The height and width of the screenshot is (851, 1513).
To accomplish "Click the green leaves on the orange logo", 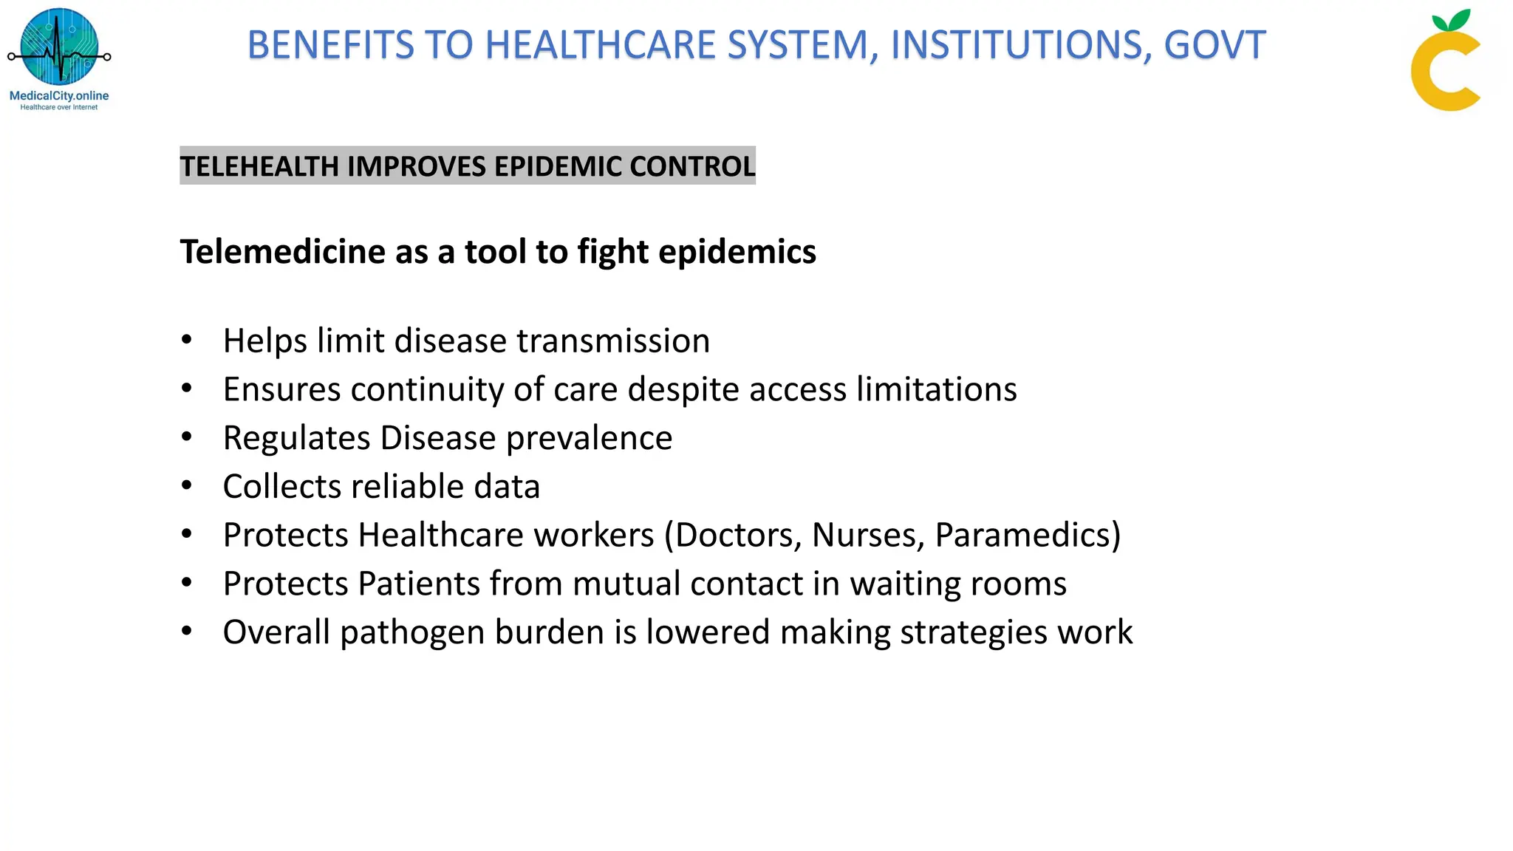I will (1451, 20).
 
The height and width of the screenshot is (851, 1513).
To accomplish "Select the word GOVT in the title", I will (1215, 45).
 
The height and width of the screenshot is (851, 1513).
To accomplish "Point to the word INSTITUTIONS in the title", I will (1020, 45).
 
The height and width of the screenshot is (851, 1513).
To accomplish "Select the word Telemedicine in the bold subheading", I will (281, 252).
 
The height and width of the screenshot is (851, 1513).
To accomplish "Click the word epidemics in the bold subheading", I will (737, 252).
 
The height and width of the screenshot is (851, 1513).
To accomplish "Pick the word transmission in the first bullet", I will (612, 341).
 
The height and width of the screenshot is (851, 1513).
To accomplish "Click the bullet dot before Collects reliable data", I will (187, 485).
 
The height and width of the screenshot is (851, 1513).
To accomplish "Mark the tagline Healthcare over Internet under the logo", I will (59, 107).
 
